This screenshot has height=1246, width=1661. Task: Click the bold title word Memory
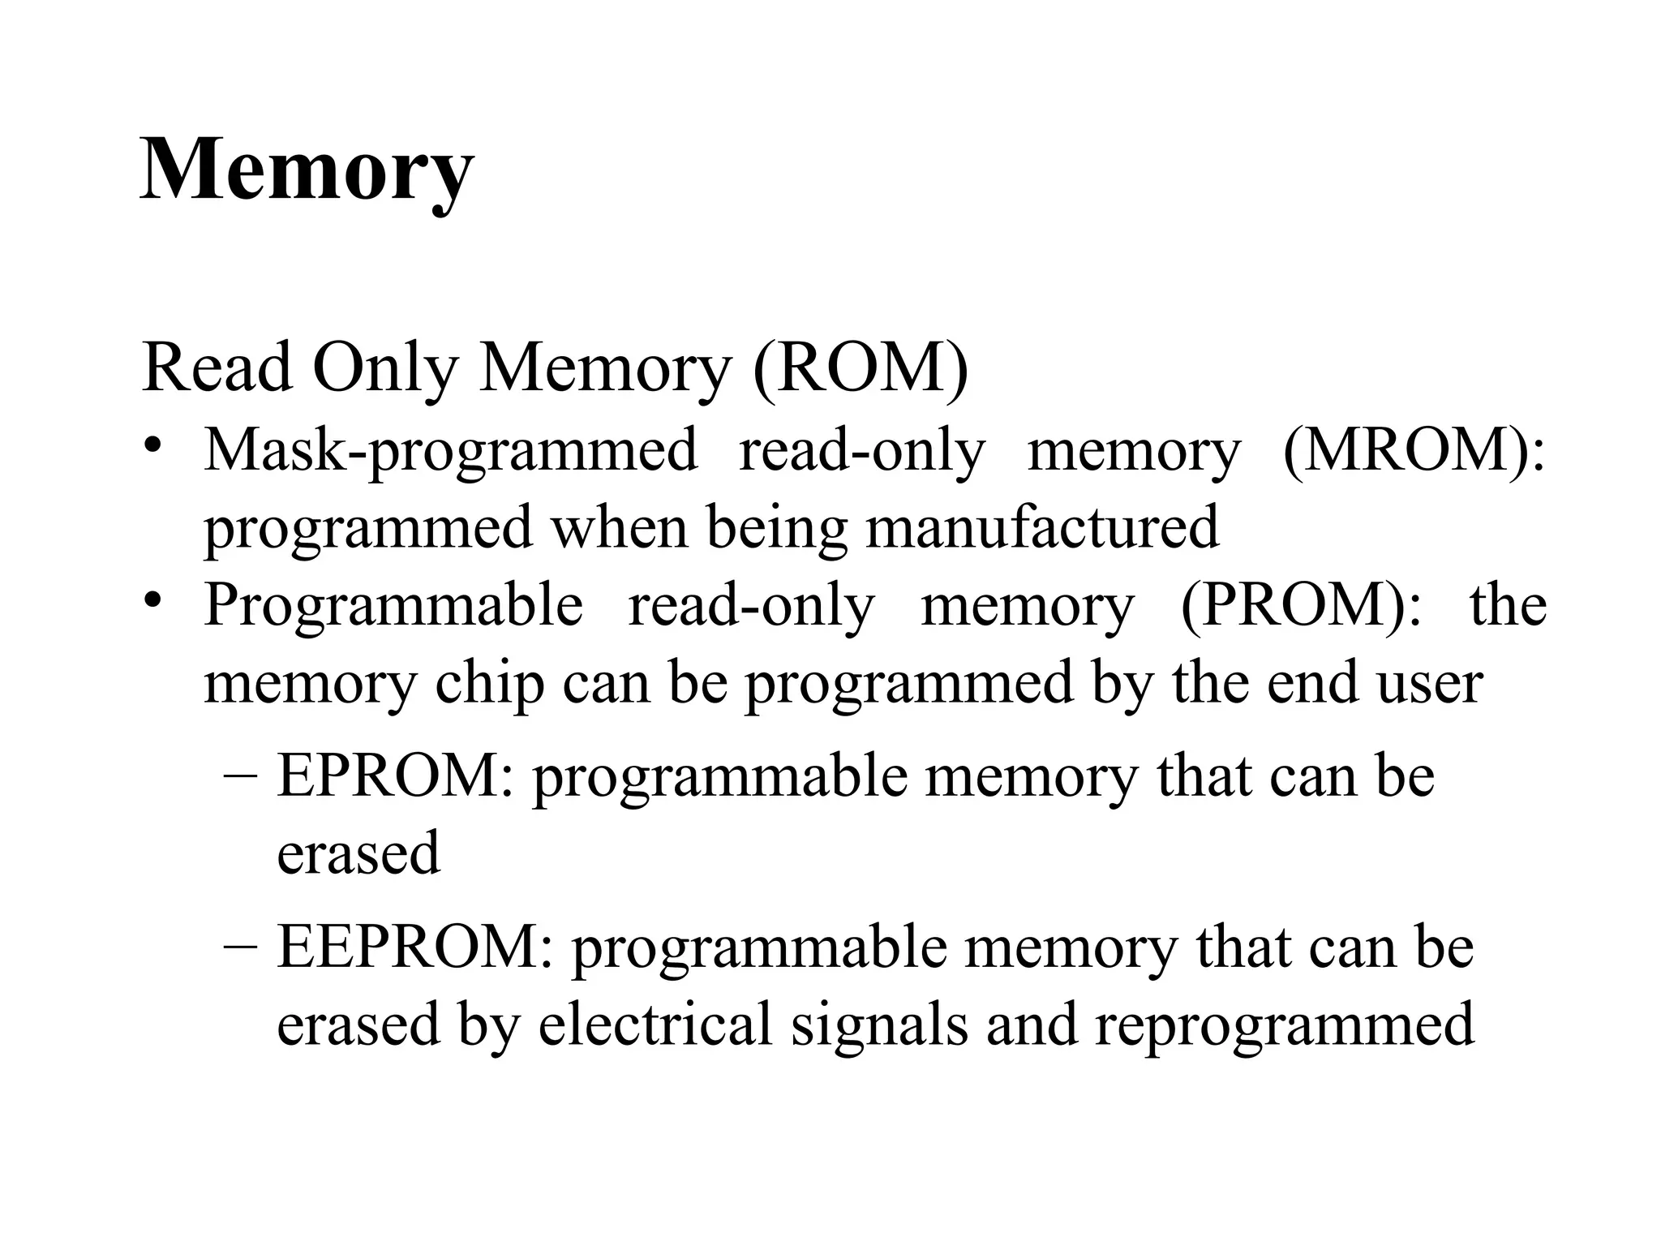pos(307,170)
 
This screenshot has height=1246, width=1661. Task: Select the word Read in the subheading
pos(217,367)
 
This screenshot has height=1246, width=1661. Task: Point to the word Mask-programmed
pos(450,451)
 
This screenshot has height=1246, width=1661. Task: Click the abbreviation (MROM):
pos(1414,451)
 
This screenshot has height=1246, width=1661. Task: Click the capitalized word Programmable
pos(393,605)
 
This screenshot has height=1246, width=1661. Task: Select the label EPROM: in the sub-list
pos(396,776)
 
